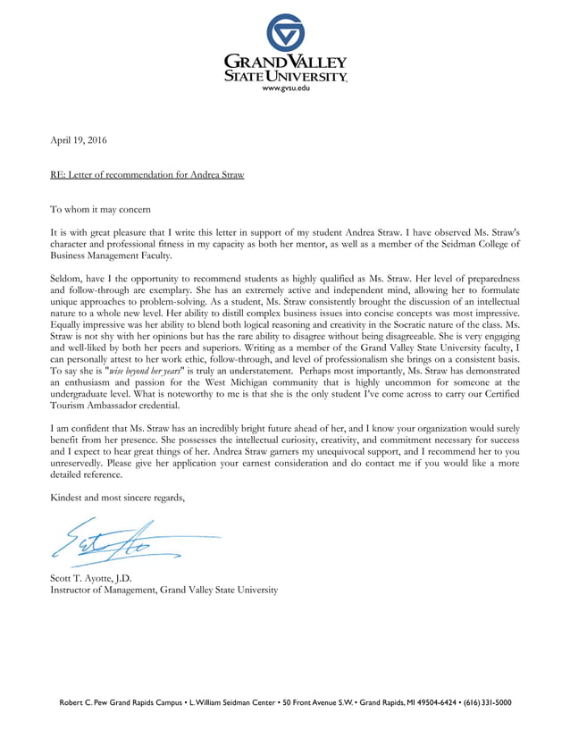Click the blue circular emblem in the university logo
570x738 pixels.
pos(285,32)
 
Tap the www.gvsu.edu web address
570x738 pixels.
pos(285,90)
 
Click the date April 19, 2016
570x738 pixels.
pos(78,140)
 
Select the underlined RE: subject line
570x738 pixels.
pos(147,174)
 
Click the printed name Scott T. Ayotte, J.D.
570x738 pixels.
pos(91,577)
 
